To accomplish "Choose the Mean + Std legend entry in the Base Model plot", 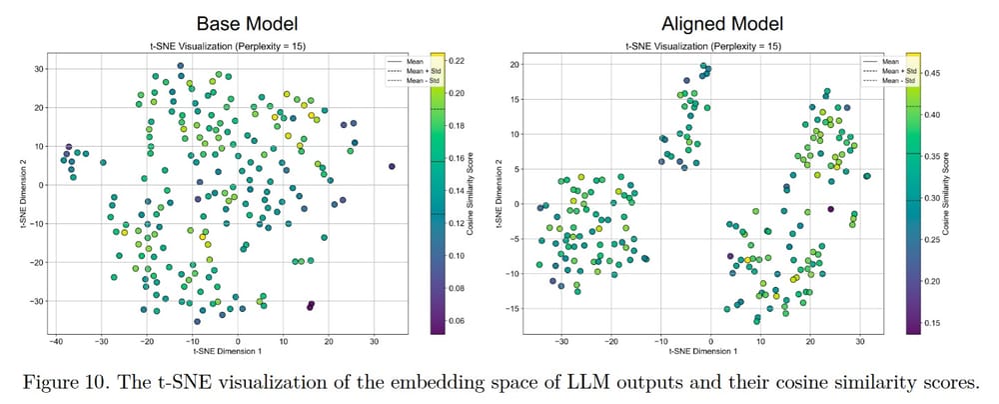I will point(409,71).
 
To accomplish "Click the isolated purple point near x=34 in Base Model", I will point(392,166).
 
